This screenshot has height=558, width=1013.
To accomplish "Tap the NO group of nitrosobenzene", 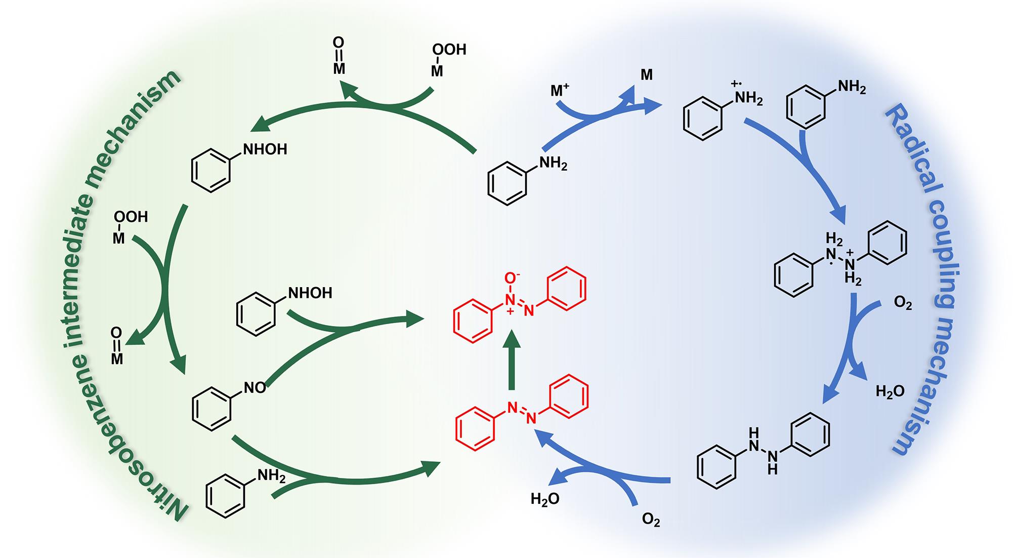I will point(255,388).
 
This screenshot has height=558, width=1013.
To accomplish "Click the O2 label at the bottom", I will point(651,520).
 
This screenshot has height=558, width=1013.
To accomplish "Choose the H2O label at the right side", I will point(890,391).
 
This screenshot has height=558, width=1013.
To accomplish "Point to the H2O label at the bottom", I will point(545,499).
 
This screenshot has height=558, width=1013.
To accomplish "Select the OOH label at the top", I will point(449,50).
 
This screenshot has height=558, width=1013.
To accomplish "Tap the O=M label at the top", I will point(339,56).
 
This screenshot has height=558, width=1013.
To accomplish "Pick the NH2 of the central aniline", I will point(553,163).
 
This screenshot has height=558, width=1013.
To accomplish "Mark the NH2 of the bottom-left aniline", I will point(271,475).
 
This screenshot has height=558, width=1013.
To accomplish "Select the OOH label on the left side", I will point(131,217).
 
